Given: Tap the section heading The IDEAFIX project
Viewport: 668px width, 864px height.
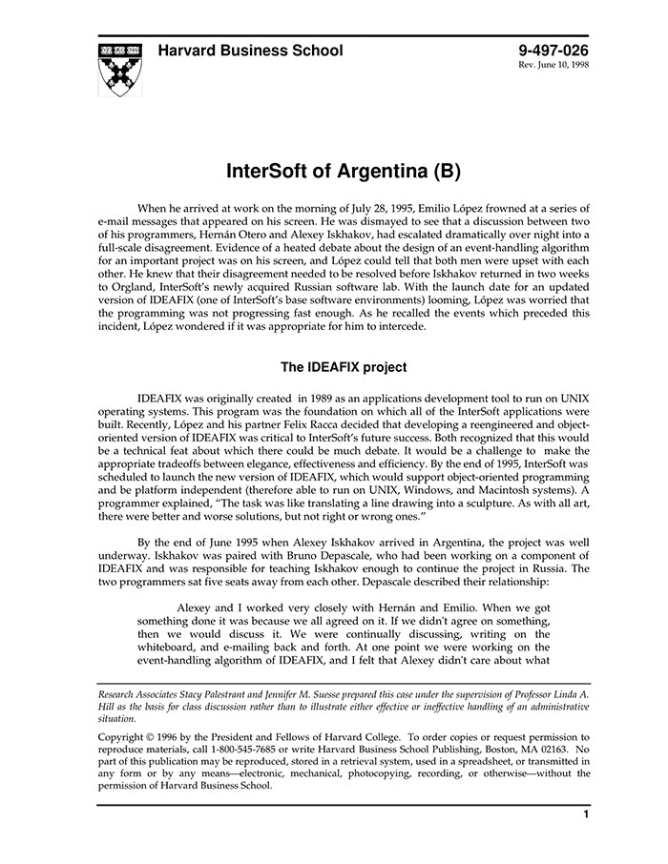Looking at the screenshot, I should tap(344, 367).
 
